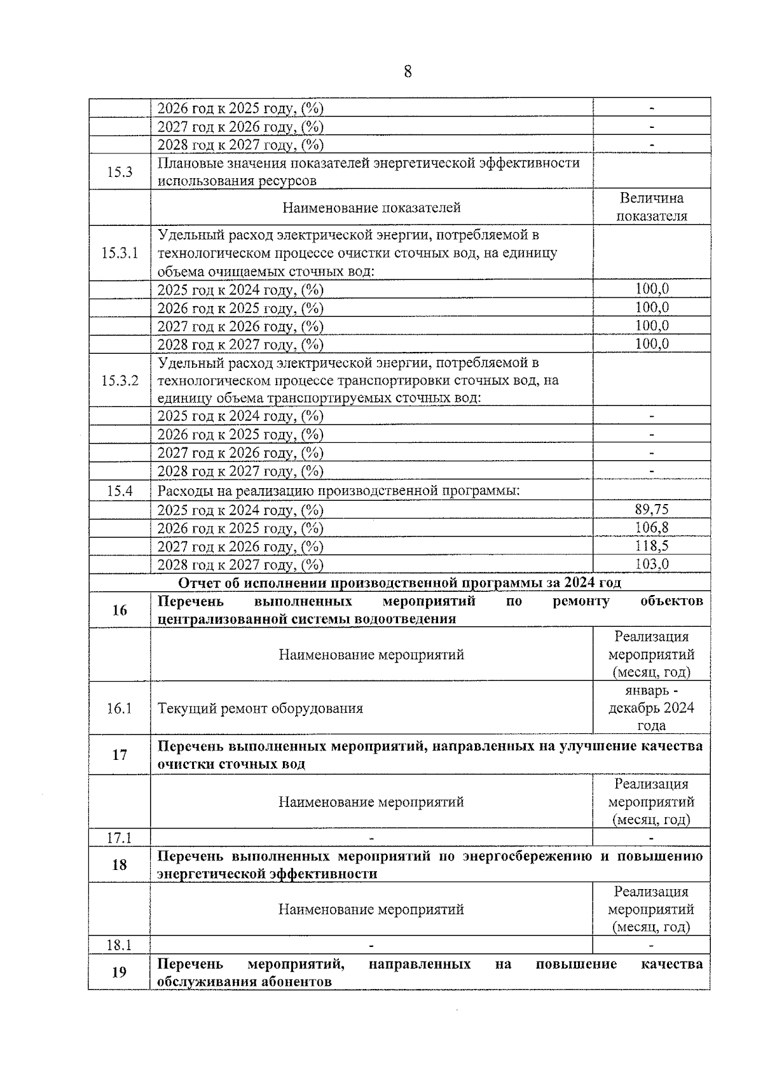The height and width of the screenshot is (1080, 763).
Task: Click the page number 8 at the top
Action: click(x=408, y=71)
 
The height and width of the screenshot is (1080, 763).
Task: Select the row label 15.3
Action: click(x=120, y=171)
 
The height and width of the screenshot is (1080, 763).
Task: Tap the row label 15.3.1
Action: click(x=120, y=253)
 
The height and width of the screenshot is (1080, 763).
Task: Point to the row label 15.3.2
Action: click(x=120, y=381)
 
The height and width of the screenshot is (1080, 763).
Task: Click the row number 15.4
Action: click(x=120, y=491)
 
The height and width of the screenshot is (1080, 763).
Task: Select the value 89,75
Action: click(x=652, y=509)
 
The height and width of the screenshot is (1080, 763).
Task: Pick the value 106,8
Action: click(x=652, y=528)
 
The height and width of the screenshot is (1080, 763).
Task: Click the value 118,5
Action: click(x=652, y=546)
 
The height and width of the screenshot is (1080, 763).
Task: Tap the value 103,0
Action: click(x=652, y=564)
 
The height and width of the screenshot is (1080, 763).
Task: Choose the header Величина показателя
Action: click(x=652, y=207)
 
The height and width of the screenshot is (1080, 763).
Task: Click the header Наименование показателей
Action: click(x=371, y=207)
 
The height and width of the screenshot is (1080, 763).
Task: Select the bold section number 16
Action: click(x=120, y=610)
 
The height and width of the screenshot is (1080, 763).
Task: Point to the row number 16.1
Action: click(x=120, y=708)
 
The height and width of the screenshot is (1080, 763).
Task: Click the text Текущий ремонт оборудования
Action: click(x=260, y=708)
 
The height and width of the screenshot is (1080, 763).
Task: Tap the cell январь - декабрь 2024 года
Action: click(x=652, y=708)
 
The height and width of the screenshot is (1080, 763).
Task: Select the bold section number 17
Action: click(x=120, y=755)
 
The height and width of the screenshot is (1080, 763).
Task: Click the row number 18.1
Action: click(x=120, y=945)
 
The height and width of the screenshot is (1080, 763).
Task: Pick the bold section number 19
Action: click(x=120, y=972)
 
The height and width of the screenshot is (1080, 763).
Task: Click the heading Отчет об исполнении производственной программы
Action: click(x=399, y=583)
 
